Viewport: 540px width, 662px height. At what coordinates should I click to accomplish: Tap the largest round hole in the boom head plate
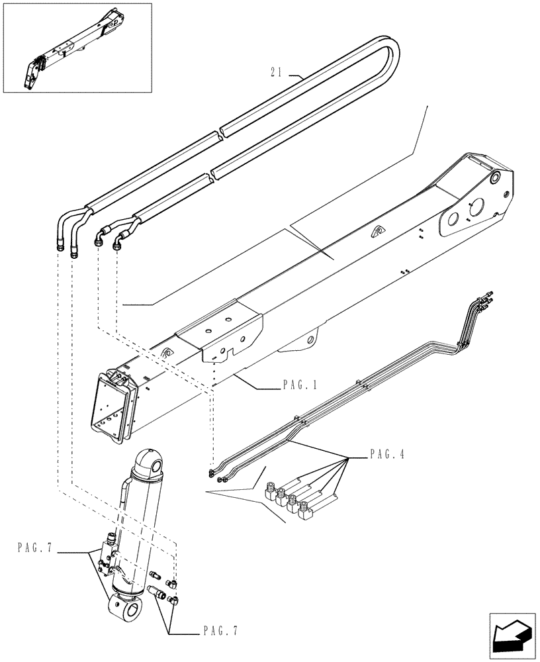(x=455, y=220)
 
